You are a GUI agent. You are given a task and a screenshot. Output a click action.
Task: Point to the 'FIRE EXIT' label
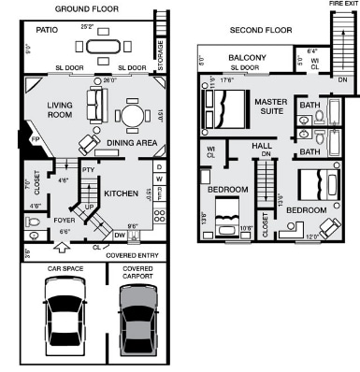click(342, 4)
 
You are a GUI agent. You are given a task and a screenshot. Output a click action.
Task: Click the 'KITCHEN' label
click(122, 193)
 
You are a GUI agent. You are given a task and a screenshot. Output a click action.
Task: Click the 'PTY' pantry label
click(88, 170)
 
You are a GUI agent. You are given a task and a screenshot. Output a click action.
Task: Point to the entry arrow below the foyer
click(64, 249)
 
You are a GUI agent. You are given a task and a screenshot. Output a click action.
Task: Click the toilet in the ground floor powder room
click(34, 222)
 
